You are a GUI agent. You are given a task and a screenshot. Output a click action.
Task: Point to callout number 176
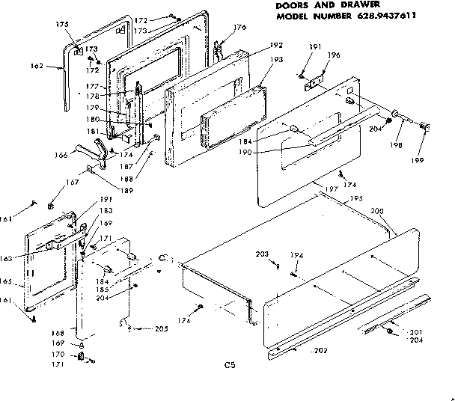point(239,28)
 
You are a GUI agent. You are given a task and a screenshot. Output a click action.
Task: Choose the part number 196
point(333,55)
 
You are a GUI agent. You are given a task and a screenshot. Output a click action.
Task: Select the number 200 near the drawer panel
point(377,212)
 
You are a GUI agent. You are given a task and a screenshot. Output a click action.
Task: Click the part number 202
point(320,351)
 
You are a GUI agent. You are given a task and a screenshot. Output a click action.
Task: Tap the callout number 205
point(162,329)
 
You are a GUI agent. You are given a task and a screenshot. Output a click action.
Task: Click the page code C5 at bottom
point(230,366)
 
